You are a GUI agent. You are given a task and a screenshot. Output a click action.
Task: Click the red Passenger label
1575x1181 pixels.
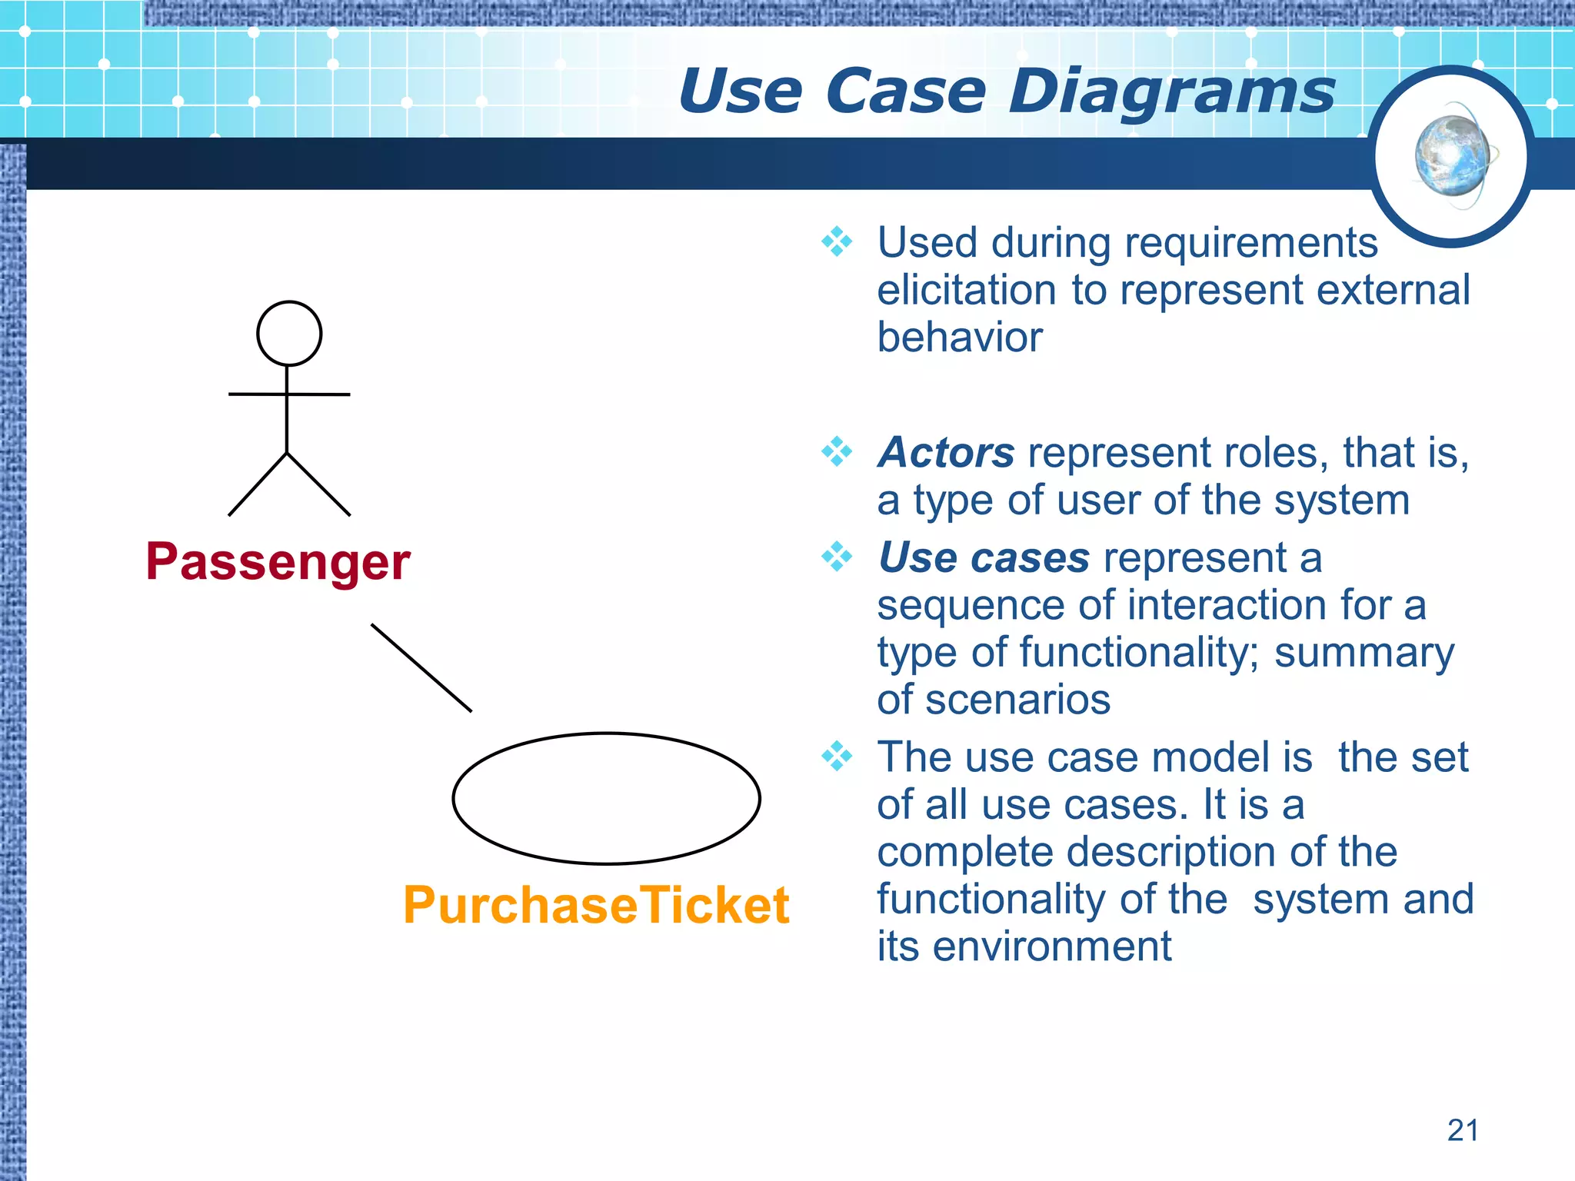(x=278, y=562)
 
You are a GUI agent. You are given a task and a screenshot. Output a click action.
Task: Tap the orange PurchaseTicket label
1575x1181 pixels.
(x=596, y=905)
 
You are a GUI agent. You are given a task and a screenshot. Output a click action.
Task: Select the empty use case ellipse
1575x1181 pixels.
(x=606, y=798)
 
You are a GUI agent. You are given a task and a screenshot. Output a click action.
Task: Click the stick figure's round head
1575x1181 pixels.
(x=288, y=333)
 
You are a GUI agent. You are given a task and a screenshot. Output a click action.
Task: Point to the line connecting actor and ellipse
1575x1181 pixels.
(x=421, y=667)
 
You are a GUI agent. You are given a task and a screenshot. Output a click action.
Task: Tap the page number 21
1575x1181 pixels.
(x=1462, y=1130)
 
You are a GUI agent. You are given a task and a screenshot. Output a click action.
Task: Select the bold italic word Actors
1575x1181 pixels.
(x=947, y=452)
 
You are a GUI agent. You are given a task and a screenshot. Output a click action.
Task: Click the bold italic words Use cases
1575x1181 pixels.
(x=984, y=557)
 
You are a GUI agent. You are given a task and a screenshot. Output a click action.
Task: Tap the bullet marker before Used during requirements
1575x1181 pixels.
(x=837, y=242)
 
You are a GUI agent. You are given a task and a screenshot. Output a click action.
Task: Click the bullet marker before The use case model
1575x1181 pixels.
(x=837, y=757)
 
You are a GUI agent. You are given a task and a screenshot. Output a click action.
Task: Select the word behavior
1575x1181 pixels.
(x=960, y=338)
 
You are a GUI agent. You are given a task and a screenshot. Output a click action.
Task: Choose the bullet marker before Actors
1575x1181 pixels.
(x=837, y=451)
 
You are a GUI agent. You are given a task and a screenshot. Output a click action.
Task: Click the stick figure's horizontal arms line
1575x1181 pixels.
(x=289, y=394)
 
